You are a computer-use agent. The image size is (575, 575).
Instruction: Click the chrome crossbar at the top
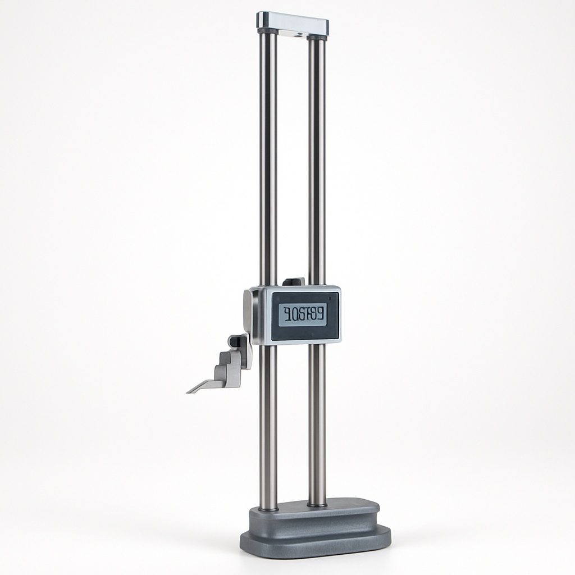293,22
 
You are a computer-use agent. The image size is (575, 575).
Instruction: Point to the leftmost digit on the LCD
286,315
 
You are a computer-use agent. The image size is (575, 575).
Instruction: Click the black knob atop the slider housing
294,281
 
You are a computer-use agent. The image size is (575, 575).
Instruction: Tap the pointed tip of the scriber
188,391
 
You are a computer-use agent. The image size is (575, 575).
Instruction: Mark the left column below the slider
268,427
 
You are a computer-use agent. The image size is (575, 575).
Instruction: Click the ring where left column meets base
268,509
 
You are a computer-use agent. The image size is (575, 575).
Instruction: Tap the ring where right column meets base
317,505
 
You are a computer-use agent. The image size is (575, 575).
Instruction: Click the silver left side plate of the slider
248,314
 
